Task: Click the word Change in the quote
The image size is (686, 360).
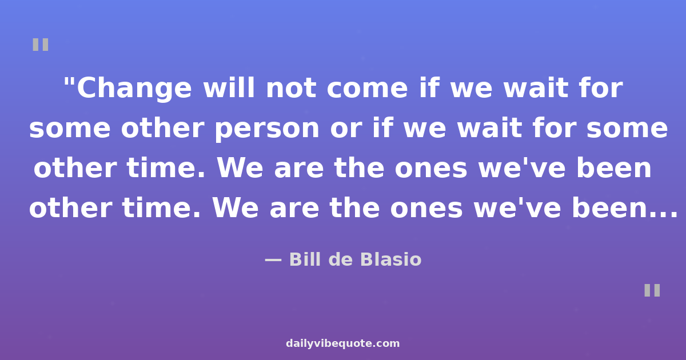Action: [134, 89]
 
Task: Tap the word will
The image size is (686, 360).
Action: [229, 88]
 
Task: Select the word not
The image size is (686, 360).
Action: [291, 89]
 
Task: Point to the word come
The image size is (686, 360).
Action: [368, 90]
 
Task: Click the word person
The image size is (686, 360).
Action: [267, 130]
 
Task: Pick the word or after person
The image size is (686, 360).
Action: [346, 130]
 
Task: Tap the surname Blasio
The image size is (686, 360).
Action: [391, 259]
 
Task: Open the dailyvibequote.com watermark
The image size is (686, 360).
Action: [342, 343]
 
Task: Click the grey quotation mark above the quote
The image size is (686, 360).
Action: [41, 45]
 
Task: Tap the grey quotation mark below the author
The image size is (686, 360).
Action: [652, 290]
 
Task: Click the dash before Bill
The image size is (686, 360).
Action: [273, 260]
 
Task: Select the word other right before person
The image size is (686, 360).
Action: [162, 127]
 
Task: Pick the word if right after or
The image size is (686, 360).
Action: [383, 127]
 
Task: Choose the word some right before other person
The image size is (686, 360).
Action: [70, 130]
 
